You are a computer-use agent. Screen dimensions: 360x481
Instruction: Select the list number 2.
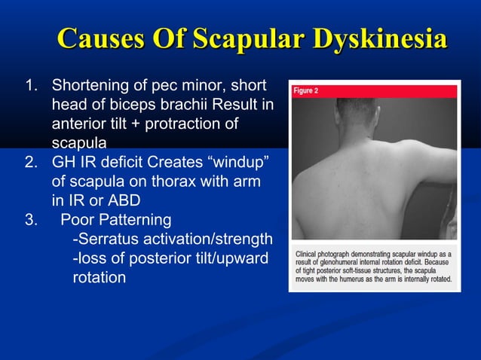coord(31,162)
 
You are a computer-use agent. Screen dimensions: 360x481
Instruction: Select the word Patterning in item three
coord(139,221)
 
